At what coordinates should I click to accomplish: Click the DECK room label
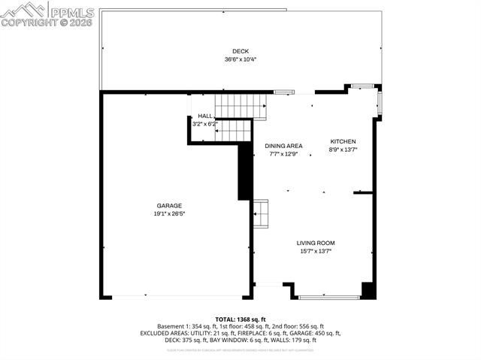point(240,51)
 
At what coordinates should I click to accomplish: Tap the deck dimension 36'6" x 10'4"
point(240,59)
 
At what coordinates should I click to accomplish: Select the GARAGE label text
point(169,205)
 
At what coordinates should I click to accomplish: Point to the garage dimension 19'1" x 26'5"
point(169,213)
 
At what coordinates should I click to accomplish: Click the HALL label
point(204,116)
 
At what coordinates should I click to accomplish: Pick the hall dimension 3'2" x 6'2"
point(204,123)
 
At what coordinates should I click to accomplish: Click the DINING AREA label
point(283,146)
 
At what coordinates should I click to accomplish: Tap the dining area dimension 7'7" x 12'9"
point(283,154)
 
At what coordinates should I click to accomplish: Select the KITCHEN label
point(343,141)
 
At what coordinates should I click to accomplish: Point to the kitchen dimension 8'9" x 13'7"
point(343,150)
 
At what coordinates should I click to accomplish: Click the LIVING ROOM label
point(315,243)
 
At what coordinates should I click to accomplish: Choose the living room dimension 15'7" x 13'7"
point(315,251)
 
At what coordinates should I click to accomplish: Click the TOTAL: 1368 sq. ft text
point(240,319)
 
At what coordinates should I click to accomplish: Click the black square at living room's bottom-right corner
point(368,290)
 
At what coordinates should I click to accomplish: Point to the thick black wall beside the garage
point(244,171)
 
